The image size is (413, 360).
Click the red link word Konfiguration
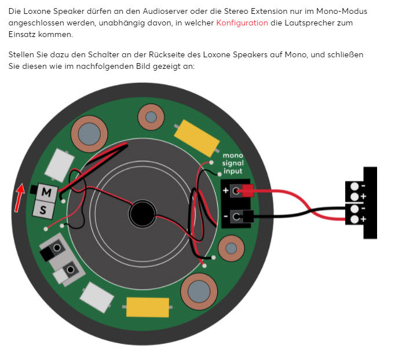(x=242, y=23)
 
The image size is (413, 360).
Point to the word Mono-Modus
(x=342, y=12)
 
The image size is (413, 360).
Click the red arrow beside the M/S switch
(x=19, y=198)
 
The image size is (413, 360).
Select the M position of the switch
(x=47, y=192)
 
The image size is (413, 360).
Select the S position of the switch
(x=43, y=210)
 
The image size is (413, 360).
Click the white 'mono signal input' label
(x=233, y=163)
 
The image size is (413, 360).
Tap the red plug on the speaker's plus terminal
(x=247, y=190)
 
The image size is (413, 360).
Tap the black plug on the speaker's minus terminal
(x=248, y=216)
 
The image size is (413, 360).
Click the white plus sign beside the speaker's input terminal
(x=225, y=190)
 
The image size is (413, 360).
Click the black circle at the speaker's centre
(x=142, y=214)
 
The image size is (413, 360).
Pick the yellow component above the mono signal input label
(x=197, y=138)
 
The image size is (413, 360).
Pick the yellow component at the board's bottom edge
(x=148, y=307)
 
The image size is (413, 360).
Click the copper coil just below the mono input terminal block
(x=231, y=248)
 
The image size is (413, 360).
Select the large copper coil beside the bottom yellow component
(x=199, y=292)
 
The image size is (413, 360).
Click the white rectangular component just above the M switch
(x=59, y=166)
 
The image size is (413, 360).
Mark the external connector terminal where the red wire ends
(x=354, y=219)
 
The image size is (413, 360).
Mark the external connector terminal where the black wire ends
(x=354, y=209)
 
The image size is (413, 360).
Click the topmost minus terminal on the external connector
(x=354, y=186)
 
